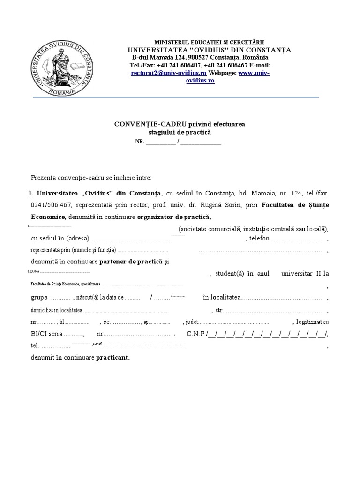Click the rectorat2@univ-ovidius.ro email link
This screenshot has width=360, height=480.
coord(169,73)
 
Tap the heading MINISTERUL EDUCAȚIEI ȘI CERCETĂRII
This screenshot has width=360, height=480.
coord(212,43)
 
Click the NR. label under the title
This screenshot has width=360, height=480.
coord(140,142)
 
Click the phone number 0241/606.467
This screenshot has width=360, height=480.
coord(50,204)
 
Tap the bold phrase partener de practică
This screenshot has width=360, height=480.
coord(131,262)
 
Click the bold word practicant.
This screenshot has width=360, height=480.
coord(113,357)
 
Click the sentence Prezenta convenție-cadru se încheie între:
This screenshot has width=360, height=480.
coord(91,178)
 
